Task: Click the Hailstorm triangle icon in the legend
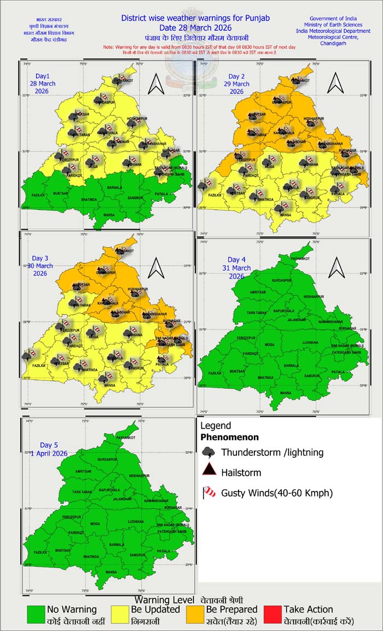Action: [x=208, y=472]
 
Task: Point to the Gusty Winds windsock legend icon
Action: [x=208, y=493]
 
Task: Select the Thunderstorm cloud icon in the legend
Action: [x=208, y=452]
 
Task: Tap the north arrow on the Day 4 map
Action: [x=334, y=268]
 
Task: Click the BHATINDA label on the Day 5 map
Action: [x=91, y=556]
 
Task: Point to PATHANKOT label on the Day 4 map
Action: [x=300, y=259]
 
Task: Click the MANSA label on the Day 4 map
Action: [x=285, y=393]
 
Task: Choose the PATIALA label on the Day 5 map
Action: [x=164, y=551]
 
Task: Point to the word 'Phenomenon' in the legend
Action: [x=229, y=437]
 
